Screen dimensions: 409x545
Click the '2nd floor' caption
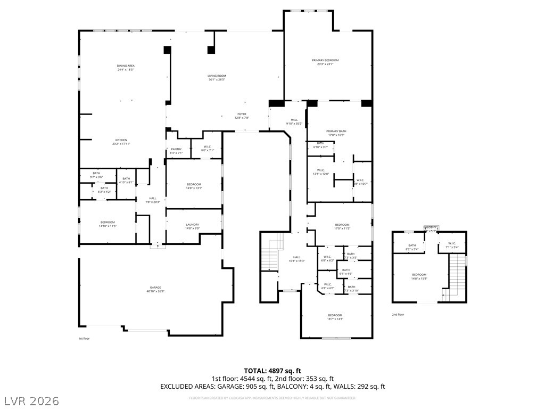point(398,315)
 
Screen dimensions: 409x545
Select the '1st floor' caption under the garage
point(84,338)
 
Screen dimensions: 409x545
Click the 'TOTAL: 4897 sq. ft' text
point(272,371)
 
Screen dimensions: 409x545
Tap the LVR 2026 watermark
point(31,400)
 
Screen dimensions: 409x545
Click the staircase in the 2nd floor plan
point(456,274)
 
